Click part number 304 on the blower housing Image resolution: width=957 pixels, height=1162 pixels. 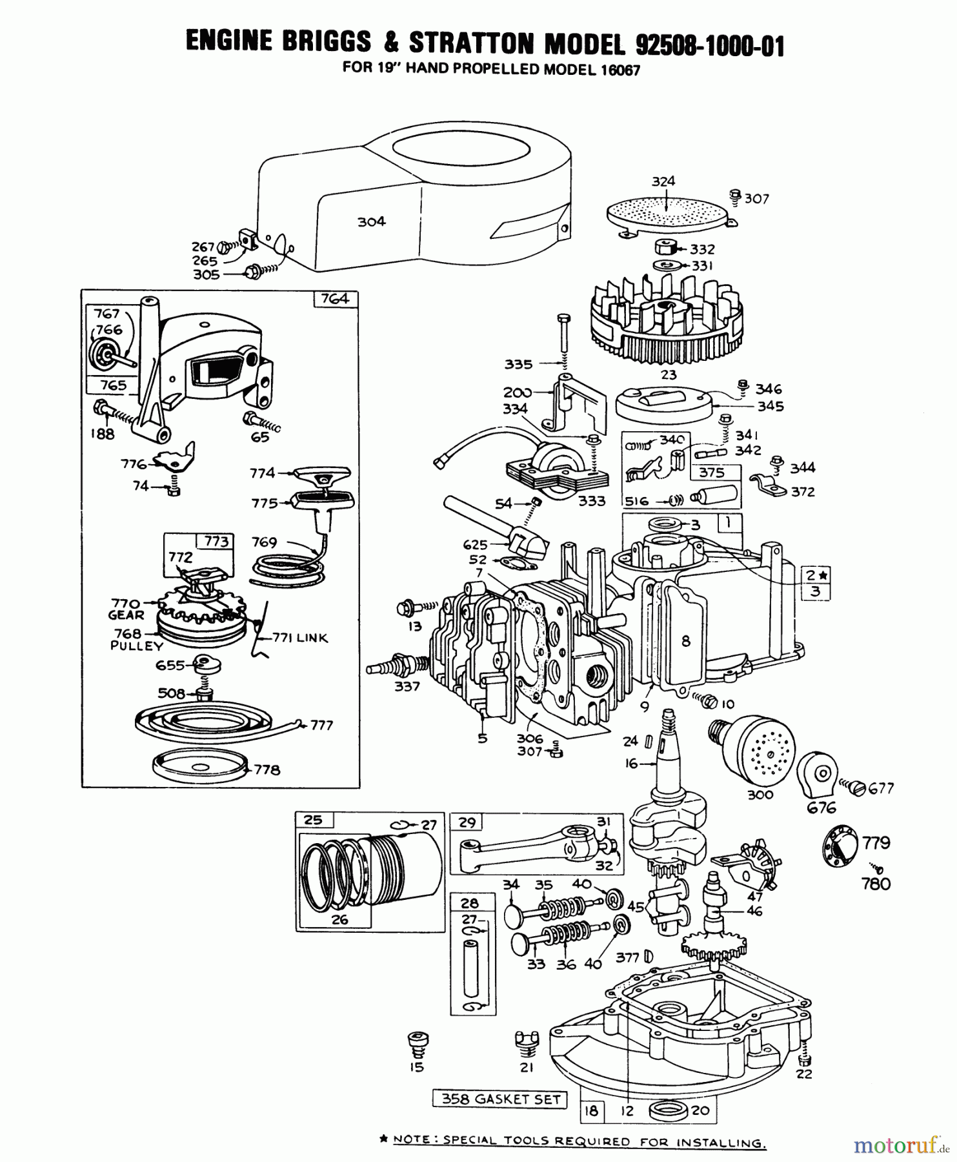pyautogui.click(x=372, y=221)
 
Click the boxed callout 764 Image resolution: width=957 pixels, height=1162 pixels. pyautogui.click(x=335, y=298)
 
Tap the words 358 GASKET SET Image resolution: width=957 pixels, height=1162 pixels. pyautogui.click(x=500, y=1099)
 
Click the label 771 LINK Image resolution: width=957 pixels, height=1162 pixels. pyautogui.click(x=299, y=638)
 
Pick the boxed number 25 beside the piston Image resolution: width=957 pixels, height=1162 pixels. pyautogui.click(x=313, y=821)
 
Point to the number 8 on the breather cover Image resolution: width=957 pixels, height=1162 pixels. pyautogui.click(x=685, y=641)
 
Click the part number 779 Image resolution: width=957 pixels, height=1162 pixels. pyautogui.click(x=876, y=843)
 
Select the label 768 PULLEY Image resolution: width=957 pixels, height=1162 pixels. pyautogui.click(x=136, y=639)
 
